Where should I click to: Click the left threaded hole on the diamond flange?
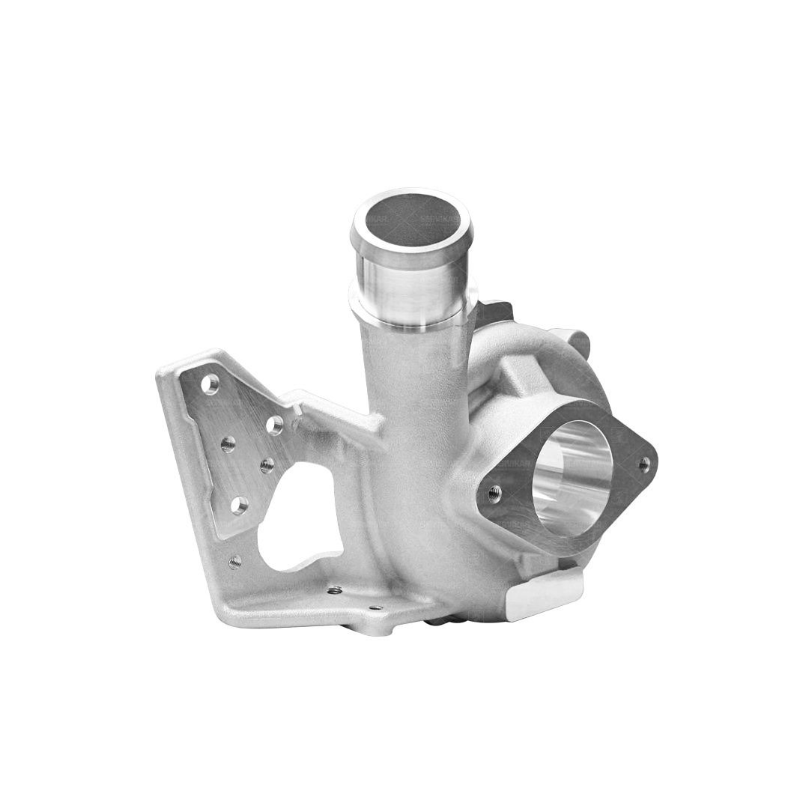494,493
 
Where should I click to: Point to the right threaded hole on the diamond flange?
643,464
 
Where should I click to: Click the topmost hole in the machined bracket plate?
210,384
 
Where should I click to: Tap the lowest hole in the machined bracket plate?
239,506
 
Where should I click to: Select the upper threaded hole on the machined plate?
228,443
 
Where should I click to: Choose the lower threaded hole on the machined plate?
267,466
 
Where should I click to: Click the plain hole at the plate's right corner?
275,425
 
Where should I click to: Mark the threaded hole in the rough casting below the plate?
234,561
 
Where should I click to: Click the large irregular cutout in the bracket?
300,517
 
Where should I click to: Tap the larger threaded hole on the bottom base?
335,590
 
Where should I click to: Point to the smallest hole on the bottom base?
375,607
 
